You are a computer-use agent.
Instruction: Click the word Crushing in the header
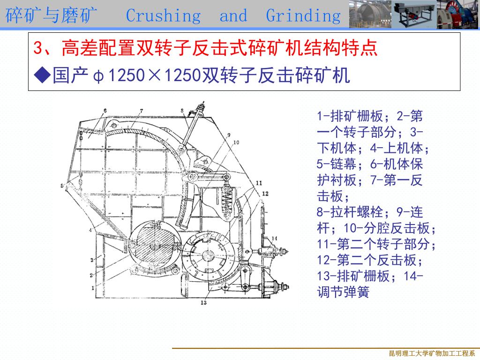[164, 16]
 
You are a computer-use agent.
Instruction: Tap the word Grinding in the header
[303, 16]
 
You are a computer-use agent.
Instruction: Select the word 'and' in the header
[233, 15]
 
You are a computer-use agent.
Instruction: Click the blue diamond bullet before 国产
[42, 75]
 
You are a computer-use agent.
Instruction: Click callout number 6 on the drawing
[105, 111]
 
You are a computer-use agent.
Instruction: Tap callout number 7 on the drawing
[142, 111]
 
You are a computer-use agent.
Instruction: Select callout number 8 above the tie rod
[182, 111]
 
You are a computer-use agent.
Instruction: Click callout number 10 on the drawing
[236, 142]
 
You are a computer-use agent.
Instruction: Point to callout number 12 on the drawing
[265, 194]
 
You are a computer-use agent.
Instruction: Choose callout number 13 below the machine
[203, 302]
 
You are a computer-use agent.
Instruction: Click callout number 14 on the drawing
[274, 239]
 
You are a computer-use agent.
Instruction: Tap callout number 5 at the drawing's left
[62, 186]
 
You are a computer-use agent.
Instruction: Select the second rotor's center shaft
[208, 255]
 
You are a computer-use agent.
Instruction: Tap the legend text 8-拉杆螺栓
[350, 212]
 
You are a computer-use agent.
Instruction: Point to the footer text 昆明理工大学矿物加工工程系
[432, 353]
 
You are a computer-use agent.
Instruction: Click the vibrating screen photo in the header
[414, 15]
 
